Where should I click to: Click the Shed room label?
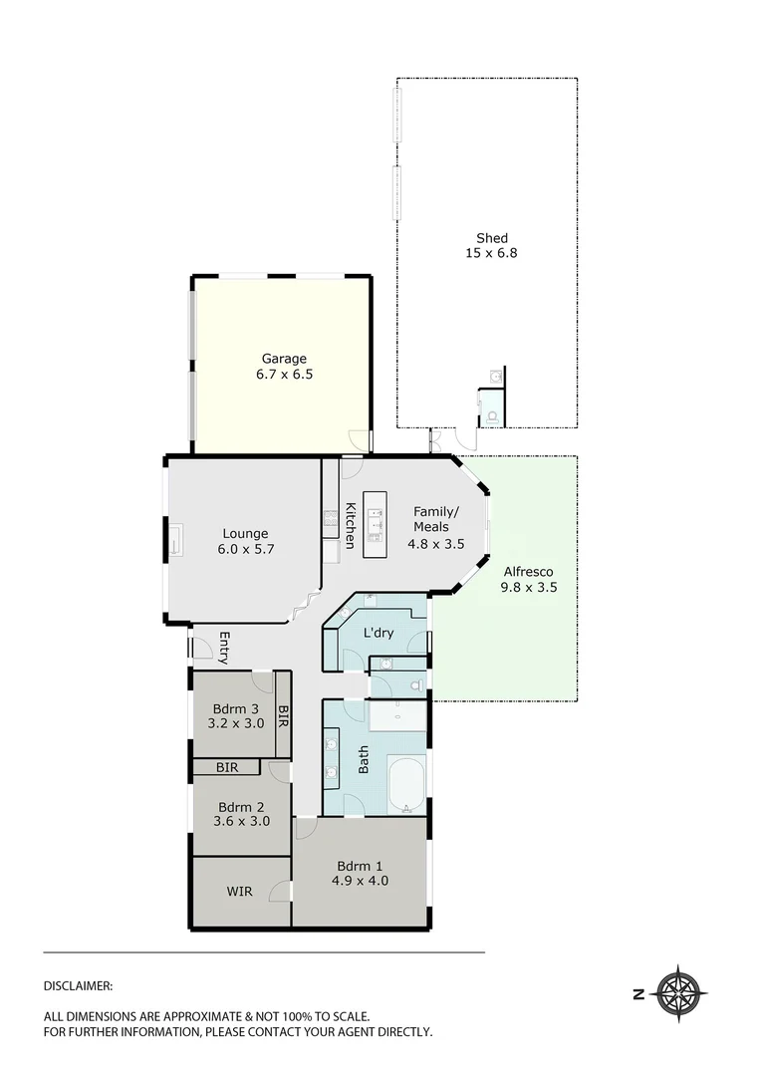492,238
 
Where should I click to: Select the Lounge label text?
245,533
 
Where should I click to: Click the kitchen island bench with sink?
376,524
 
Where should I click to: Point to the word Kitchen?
351,525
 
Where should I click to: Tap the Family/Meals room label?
431,519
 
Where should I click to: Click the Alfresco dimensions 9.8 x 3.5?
529,588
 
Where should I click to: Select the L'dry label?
378,633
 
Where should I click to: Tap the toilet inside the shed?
492,416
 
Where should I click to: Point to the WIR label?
239,892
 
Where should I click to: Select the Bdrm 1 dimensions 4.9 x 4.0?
360,881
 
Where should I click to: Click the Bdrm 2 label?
240,807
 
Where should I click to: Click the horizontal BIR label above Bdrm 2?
228,767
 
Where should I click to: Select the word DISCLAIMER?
78,985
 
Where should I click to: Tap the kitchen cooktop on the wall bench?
329,516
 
